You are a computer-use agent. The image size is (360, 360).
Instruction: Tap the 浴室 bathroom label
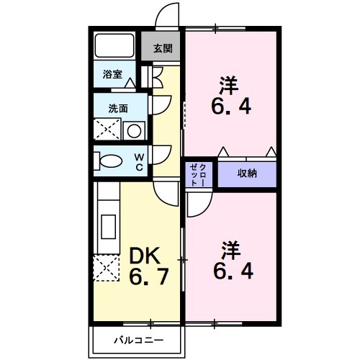[112, 74]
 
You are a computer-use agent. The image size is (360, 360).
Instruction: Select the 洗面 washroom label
[117, 108]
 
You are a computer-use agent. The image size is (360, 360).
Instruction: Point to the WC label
[141, 161]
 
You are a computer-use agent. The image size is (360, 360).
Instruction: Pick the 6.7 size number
[149, 276]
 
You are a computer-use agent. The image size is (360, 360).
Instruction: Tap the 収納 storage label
[247, 174]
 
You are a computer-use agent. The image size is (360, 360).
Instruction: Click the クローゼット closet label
[198, 174]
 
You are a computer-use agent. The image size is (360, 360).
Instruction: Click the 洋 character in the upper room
[229, 85]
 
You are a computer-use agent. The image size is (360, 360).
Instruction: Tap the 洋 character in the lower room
[229, 250]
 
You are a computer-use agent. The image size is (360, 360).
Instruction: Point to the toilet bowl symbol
[109, 161]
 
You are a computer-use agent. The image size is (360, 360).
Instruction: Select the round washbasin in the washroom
[132, 130]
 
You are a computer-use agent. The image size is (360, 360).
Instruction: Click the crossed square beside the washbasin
[106, 130]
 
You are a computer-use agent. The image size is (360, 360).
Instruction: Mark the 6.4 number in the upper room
[231, 109]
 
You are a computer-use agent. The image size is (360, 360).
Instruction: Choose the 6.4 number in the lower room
[231, 273]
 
